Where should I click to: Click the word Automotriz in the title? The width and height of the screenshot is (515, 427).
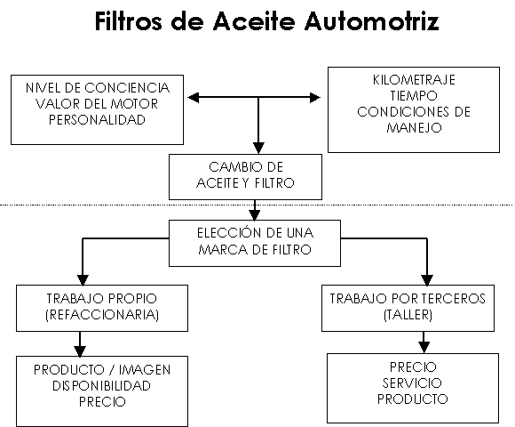point(372,21)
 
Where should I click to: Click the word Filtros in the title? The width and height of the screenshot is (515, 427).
point(129,21)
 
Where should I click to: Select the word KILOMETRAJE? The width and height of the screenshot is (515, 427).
point(414,80)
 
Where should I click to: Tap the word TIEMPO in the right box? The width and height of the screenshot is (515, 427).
point(414,96)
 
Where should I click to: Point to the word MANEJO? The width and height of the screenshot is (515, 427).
point(414,127)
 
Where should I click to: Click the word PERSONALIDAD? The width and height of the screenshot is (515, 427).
point(97,120)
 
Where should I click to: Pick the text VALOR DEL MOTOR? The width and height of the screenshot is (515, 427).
point(97,104)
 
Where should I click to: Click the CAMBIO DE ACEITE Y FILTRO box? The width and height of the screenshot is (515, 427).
point(245,177)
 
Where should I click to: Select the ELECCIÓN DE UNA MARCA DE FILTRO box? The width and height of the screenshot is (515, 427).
point(255,243)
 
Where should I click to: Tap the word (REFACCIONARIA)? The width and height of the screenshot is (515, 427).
point(102,315)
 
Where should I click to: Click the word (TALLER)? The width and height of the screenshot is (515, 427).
point(408,315)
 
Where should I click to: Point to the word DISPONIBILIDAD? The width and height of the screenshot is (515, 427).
point(102,385)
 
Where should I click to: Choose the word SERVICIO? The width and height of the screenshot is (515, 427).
point(412,383)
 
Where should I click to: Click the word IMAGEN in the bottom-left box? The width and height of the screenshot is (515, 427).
point(145,370)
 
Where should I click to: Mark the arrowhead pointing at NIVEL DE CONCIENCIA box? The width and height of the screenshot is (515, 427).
point(194,97)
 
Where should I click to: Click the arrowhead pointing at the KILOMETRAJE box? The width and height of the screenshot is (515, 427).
point(314,97)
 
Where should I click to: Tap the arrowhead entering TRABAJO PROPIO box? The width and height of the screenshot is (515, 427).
point(83,280)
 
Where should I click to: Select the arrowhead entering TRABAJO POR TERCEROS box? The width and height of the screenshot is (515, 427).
point(427,280)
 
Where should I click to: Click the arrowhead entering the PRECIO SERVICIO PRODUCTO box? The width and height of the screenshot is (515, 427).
point(424,348)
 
